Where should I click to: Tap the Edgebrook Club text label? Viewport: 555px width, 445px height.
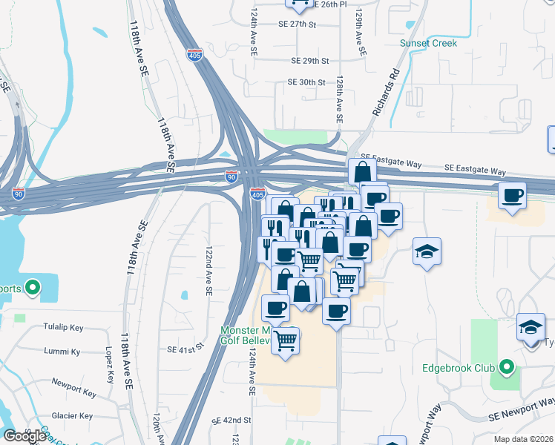[458, 367]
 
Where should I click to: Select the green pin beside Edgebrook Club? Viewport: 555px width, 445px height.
[507, 367]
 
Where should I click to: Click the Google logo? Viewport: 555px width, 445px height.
[24, 436]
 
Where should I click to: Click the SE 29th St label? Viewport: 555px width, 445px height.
[310, 61]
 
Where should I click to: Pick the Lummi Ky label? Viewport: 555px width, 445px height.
[62, 352]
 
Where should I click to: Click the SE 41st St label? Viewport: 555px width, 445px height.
[185, 349]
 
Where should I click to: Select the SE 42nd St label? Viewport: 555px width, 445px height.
[231, 420]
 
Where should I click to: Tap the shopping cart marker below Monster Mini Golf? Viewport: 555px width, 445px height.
[286, 341]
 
